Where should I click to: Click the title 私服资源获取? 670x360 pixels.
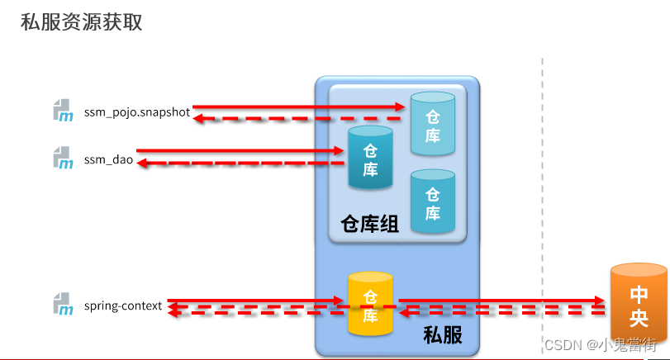coord(82,22)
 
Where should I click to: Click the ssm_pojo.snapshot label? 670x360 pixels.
coord(137,112)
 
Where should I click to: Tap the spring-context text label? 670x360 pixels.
coord(123,306)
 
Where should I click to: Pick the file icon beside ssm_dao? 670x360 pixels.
coord(63,158)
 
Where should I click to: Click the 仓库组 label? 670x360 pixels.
coord(369,225)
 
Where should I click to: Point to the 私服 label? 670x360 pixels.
coord(442,335)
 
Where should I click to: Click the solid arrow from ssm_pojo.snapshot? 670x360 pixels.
coord(297,107)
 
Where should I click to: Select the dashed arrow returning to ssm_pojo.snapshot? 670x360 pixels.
coord(297,119)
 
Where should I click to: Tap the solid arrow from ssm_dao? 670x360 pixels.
coord(240,151)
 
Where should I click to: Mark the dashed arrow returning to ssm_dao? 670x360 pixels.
coord(240,163)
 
